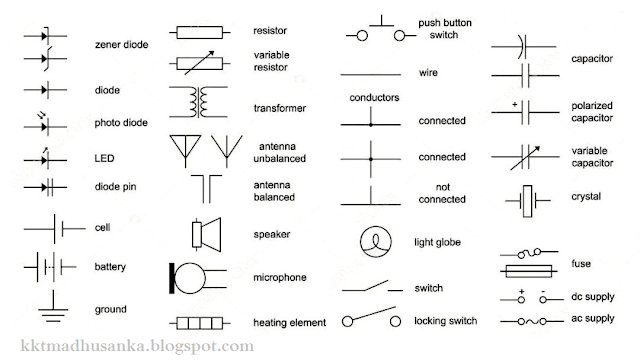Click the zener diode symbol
point(46,43)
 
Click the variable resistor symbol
point(206,63)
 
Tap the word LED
point(105,159)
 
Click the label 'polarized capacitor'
point(592,111)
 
